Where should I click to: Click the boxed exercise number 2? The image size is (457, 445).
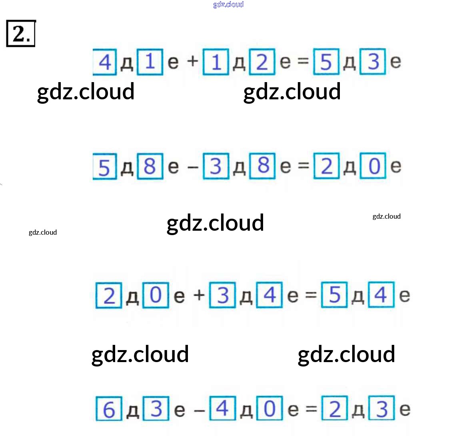click(21, 34)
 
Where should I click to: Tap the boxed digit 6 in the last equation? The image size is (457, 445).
click(109, 409)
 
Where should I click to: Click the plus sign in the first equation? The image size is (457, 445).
click(193, 61)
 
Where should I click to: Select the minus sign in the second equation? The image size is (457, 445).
click(193, 166)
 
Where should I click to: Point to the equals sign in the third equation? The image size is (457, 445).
click(311, 296)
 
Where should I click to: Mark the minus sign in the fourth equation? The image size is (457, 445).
click(200, 410)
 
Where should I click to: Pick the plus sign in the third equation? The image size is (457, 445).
click(199, 296)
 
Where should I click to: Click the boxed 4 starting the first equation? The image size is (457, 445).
click(105, 62)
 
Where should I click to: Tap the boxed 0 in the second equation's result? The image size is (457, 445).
click(373, 166)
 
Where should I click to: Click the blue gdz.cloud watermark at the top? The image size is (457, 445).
click(228, 4)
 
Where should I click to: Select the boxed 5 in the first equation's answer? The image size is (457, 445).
click(326, 62)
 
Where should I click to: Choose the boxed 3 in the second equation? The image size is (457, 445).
click(216, 166)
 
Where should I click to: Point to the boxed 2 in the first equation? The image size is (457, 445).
click(262, 62)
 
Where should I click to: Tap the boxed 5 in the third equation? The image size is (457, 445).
click(334, 295)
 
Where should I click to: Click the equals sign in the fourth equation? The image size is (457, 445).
click(311, 409)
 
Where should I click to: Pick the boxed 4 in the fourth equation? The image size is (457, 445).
click(222, 409)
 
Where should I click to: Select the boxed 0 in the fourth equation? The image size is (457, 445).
click(269, 409)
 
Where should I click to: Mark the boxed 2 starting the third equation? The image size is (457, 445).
click(109, 296)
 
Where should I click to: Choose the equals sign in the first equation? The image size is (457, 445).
click(303, 61)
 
